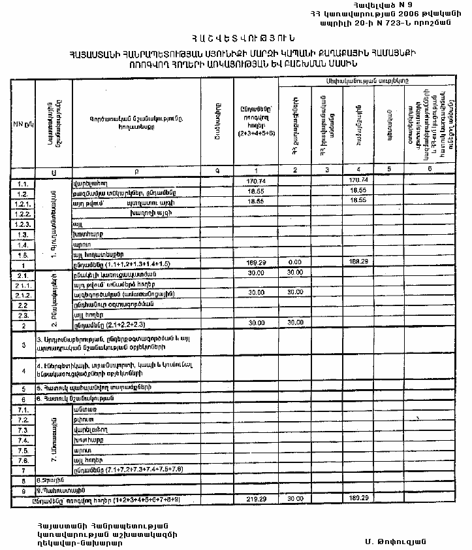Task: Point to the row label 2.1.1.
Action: tap(22, 285)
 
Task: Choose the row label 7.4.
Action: tap(22, 440)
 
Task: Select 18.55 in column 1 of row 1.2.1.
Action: tap(255, 202)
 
